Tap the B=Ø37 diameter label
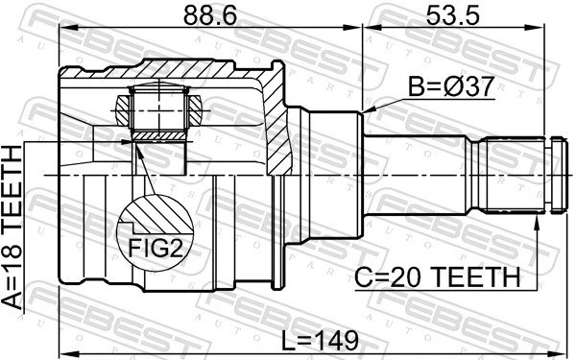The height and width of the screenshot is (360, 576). pos(450,87)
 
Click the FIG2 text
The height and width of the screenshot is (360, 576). pos(153,248)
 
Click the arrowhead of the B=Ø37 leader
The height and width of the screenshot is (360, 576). pos(369,111)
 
